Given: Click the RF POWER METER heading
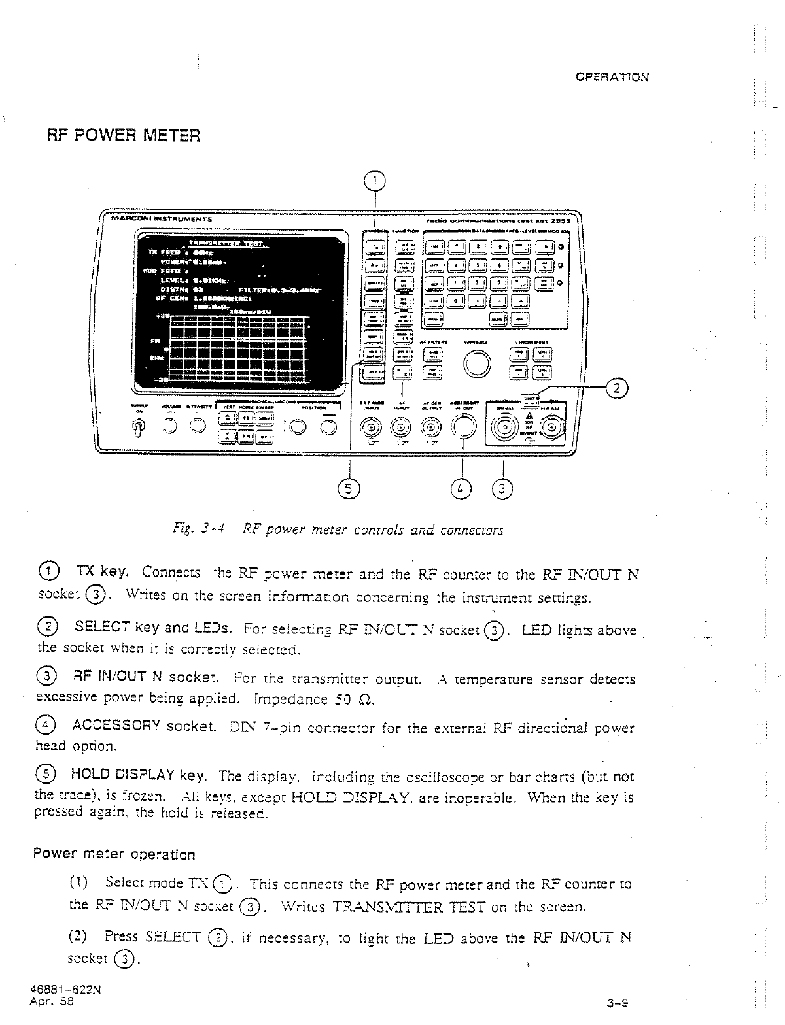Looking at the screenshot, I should point(122,135).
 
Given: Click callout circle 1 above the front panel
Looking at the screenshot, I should point(374,180).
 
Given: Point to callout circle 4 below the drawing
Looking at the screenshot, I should point(462,488).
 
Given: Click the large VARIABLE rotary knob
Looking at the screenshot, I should point(477,363).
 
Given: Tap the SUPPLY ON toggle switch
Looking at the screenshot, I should point(137,427).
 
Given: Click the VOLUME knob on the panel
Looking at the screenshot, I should point(170,426).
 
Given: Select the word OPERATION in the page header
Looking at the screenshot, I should point(612,77).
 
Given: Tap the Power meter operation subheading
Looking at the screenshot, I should point(114,854).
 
